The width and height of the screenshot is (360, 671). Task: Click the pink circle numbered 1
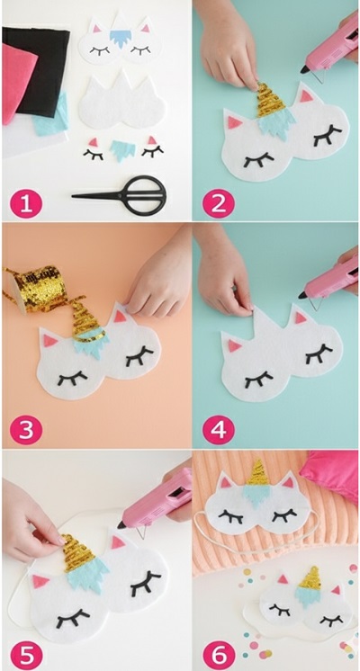coord(26,203)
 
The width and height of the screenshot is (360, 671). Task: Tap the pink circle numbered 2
coord(219,203)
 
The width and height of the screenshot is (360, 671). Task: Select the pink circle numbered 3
coord(26,429)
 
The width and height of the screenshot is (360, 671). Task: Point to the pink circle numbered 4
coord(219,429)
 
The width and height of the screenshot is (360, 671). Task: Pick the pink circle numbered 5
coord(26,655)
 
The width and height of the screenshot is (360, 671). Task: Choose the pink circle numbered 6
coord(219,655)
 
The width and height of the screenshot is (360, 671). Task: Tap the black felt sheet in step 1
coord(40,71)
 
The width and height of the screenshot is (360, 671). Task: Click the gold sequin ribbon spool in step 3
coord(34,289)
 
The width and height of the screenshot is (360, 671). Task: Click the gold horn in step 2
coord(271,101)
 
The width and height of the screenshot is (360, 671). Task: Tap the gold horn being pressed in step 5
coord(78,553)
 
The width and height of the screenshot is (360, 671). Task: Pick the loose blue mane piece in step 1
coord(123,150)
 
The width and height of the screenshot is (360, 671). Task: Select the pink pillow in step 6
coord(332,473)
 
